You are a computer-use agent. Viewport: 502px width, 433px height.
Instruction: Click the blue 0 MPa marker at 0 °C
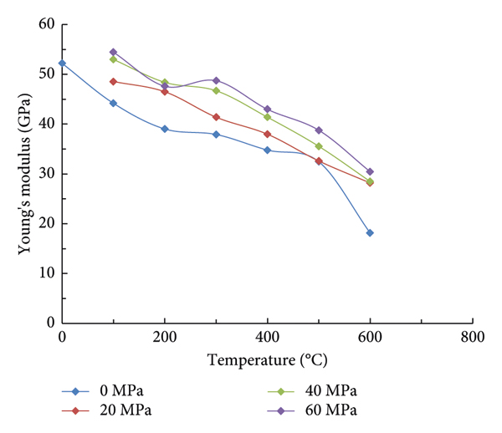(x=62, y=63)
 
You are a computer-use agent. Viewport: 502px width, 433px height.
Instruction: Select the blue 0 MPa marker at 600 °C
(x=370, y=232)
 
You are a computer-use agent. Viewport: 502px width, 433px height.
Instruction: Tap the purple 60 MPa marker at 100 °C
(x=113, y=52)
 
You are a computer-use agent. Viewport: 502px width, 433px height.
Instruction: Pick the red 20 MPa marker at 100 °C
(x=113, y=81)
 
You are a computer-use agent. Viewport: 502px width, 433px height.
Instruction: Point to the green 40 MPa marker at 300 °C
(x=216, y=90)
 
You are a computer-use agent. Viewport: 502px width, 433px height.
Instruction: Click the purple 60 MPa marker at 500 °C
(x=319, y=130)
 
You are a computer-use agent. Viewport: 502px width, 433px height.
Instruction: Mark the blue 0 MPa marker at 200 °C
(x=165, y=129)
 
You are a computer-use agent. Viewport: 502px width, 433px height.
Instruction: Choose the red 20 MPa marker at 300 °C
(x=216, y=117)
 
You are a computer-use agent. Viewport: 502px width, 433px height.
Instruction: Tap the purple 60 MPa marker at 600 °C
(x=370, y=171)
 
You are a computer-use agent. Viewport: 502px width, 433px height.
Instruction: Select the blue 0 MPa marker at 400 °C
(x=267, y=150)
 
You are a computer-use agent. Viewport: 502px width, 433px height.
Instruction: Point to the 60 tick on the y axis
(x=46, y=24)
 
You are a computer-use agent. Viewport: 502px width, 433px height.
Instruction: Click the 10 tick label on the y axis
(x=46, y=273)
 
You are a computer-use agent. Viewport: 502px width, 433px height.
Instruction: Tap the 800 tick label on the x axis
(x=473, y=338)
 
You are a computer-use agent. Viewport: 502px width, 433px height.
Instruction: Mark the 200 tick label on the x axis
(x=165, y=338)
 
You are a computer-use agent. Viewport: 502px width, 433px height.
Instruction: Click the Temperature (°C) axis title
(x=267, y=362)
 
